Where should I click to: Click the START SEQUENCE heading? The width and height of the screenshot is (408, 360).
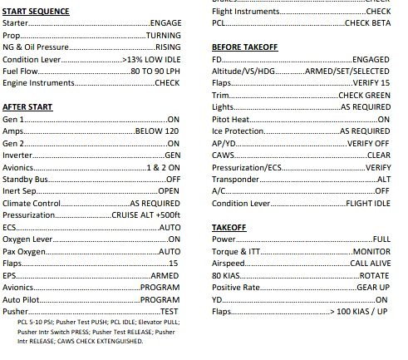36,12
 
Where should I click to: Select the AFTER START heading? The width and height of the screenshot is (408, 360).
27,107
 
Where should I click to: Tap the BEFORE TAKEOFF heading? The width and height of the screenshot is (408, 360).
244,47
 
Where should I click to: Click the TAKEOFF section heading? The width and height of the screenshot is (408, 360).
229,226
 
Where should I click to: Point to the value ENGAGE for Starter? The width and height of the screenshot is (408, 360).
165,24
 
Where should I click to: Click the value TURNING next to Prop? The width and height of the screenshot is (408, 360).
163,36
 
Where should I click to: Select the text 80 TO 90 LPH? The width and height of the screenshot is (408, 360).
155,72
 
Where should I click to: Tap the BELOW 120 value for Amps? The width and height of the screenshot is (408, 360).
158,131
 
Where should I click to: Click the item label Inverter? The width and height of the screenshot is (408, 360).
17,155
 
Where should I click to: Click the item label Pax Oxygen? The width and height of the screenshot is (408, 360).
22,251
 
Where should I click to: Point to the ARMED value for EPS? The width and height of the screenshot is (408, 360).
165,274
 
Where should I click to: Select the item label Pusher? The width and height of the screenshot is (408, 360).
16,310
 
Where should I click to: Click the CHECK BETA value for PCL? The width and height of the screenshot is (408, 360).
367,24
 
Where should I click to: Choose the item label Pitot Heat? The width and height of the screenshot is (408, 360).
231,120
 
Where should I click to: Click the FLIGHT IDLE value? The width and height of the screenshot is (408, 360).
368,203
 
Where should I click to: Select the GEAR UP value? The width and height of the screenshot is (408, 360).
373,287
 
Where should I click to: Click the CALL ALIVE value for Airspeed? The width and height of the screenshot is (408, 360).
370,263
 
